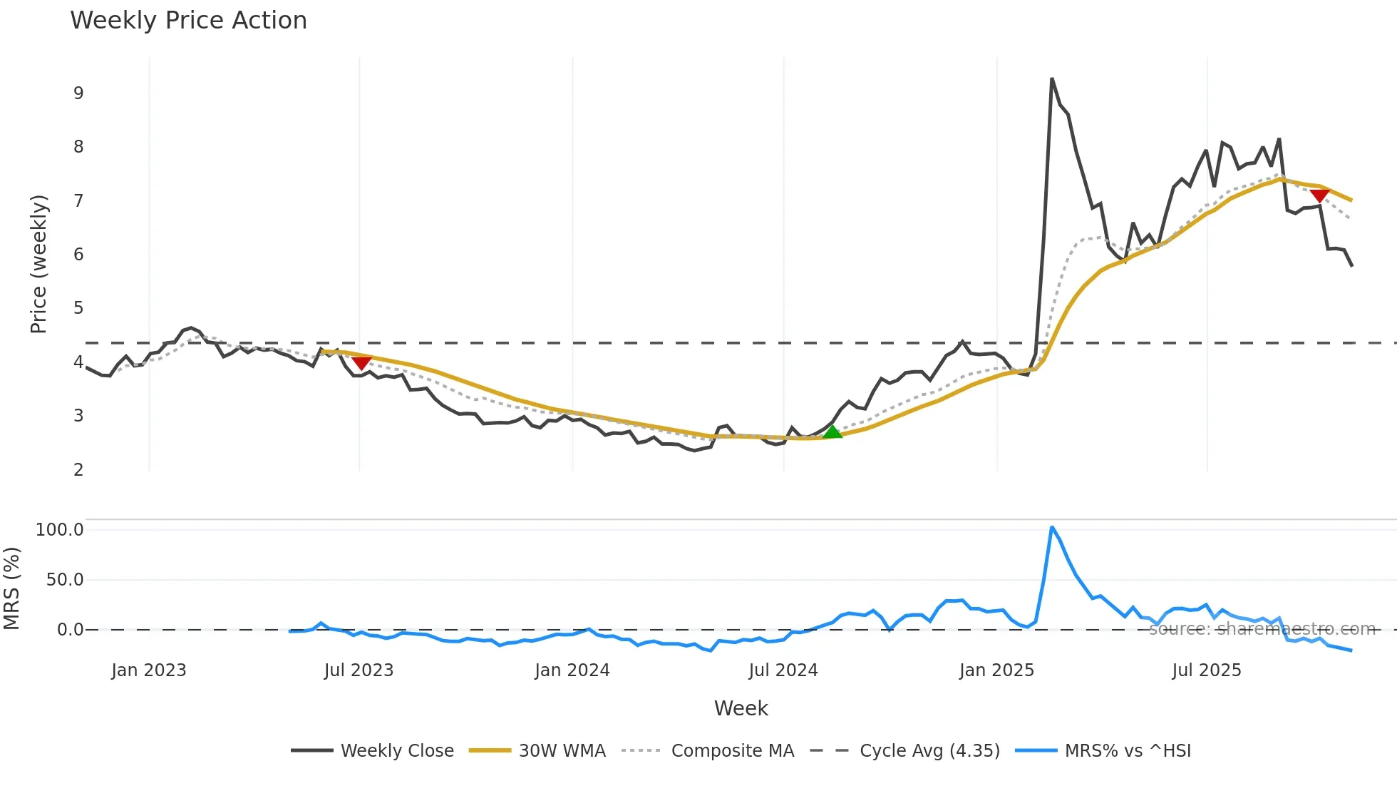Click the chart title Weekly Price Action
point(188,21)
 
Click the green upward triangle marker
point(832,432)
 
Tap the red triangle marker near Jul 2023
point(362,363)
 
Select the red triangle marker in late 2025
point(1319,195)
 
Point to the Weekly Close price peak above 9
point(1052,79)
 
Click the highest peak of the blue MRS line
point(1052,528)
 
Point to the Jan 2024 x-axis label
point(572,670)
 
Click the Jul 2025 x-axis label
point(1207,670)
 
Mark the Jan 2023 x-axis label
point(149,670)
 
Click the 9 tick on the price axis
point(78,93)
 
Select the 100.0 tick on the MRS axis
point(60,530)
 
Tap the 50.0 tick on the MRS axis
point(65,580)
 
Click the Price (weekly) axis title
point(38,264)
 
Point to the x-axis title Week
point(741,708)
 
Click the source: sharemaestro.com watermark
point(1262,629)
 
